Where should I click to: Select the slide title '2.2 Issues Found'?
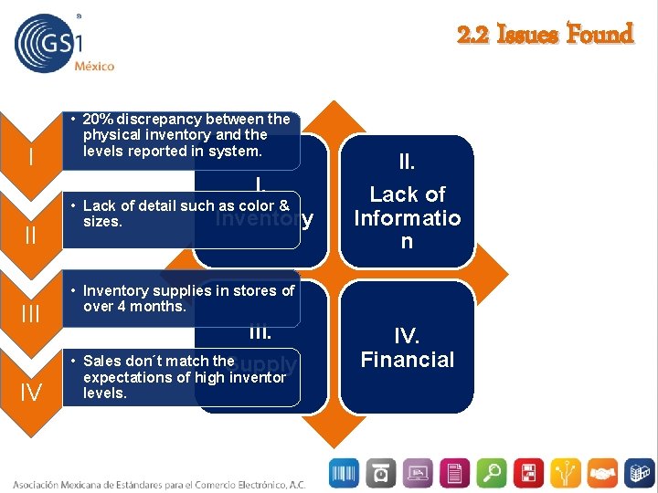[x=545, y=36]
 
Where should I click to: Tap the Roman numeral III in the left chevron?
[x=31, y=316]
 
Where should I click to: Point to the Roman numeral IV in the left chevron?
[x=31, y=394]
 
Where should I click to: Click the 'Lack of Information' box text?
[x=407, y=217]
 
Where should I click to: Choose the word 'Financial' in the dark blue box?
[x=407, y=360]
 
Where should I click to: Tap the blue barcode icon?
[x=345, y=472]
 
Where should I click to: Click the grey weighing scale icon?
[x=380, y=472]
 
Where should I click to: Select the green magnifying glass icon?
[x=491, y=472]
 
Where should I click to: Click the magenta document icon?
[x=454, y=472]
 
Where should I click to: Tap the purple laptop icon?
[x=418, y=472]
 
